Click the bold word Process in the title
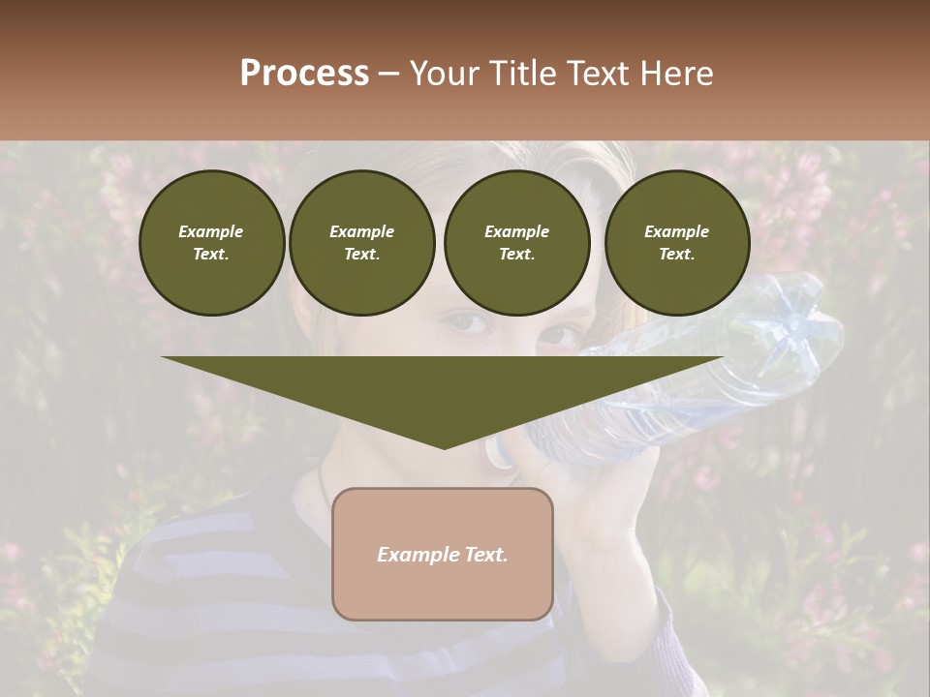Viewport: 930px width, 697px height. pyautogui.click(x=304, y=74)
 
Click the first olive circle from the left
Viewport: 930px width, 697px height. pyautogui.click(x=212, y=243)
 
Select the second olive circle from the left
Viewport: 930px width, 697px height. pyautogui.click(x=362, y=243)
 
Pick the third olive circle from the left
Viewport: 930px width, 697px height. pyautogui.click(x=517, y=243)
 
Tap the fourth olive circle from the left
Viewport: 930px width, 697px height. pyautogui.click(x=677, y=243)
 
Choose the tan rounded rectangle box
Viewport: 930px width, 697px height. pyautogui.click(x=443, y=554)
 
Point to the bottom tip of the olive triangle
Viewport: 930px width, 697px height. pyautogui.click(x=444, y=447)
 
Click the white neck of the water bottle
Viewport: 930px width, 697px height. pyautogui.click(x=502, y=451)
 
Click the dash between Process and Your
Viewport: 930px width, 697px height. pyautogui.click(x=389, y=74)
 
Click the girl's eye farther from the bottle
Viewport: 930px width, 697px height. pyautogui.click(x=468, y=322)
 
